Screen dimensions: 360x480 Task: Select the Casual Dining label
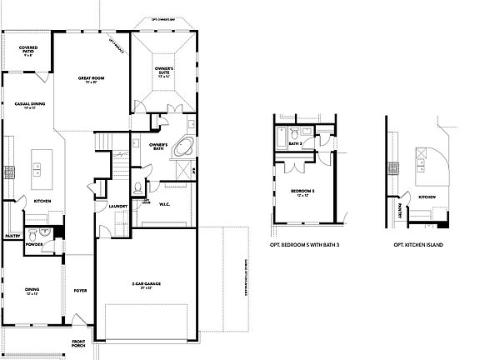coord(31,106)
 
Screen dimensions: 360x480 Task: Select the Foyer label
coord(80,290)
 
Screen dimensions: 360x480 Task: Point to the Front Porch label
coord(78,343)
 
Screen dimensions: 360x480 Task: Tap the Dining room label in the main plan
coord(34,291)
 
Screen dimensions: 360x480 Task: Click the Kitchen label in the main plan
coord(43,200)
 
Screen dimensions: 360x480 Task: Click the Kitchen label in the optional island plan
coord(426,197)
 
